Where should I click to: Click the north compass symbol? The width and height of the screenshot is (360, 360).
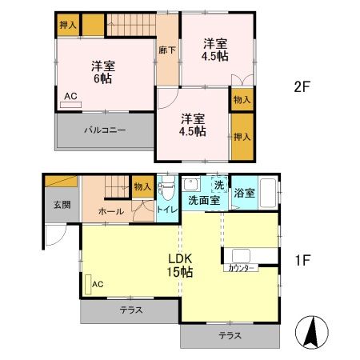pos(312,332)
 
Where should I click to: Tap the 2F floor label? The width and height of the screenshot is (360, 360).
pos(302,86)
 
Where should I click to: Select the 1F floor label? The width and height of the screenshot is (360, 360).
pos(302,260)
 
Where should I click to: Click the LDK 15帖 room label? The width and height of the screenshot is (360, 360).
pos(180,266)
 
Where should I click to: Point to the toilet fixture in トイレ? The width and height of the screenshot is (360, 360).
pos(167,188)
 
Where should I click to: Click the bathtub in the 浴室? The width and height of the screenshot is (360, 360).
pos(268,193)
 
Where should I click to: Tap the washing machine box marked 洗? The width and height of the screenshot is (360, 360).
pos(219,185)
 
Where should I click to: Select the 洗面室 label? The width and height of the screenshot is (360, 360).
pos(204,200)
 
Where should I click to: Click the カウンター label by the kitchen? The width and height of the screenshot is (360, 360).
pos(241,268)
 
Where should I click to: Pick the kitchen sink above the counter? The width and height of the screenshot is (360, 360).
pos(241,256)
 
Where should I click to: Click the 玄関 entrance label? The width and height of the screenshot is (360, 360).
pos(62,205)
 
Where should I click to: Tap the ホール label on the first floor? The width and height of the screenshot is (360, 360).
pos(111,211)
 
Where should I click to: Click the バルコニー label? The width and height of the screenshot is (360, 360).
pos(105,130)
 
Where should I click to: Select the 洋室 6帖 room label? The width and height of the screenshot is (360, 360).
pos(103,72)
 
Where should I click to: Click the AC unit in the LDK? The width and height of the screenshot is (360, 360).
pos(88,284)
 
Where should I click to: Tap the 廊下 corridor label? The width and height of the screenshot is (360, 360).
pos(167,50)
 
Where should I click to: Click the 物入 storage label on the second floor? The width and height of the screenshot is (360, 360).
pos(242,100)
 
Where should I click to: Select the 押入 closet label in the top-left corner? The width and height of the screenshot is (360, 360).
pos(68,25)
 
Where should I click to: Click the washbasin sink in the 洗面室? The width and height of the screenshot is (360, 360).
pos(191,184)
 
